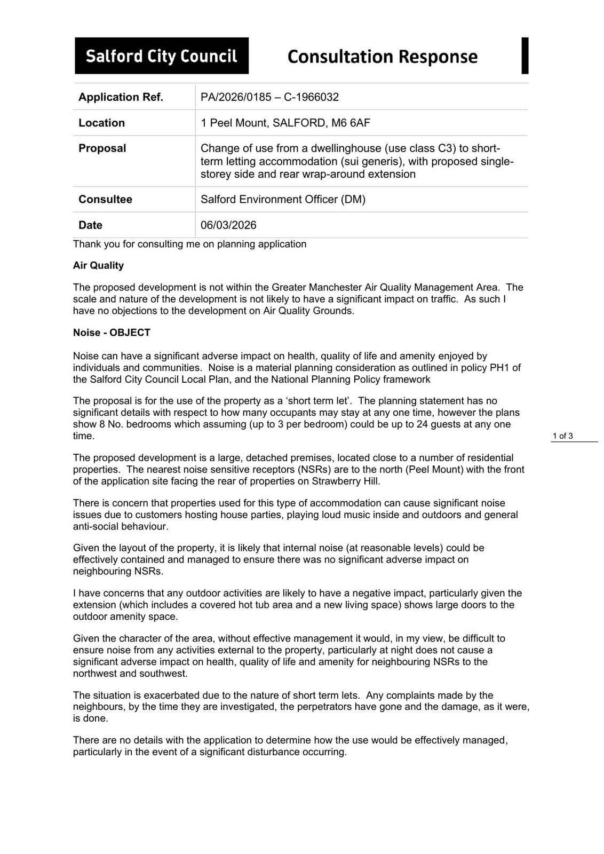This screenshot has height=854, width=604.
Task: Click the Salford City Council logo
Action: (161, 56)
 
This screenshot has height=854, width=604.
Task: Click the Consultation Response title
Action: (382, 57)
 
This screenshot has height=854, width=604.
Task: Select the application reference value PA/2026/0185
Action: (237, 97)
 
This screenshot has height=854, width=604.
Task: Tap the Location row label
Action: (101, 123)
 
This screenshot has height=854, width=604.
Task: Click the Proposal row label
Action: (102, 148)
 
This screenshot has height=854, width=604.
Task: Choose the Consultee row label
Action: (105, 200)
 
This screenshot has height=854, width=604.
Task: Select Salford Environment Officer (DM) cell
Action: (283, 200)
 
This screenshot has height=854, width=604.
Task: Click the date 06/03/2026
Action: (228, 225)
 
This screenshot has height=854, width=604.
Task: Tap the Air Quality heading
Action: (98, 265)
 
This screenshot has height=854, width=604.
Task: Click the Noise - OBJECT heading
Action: (112, 333)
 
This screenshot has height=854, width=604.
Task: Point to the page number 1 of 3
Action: (562, 436)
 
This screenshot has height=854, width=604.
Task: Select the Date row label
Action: (90, 225)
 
